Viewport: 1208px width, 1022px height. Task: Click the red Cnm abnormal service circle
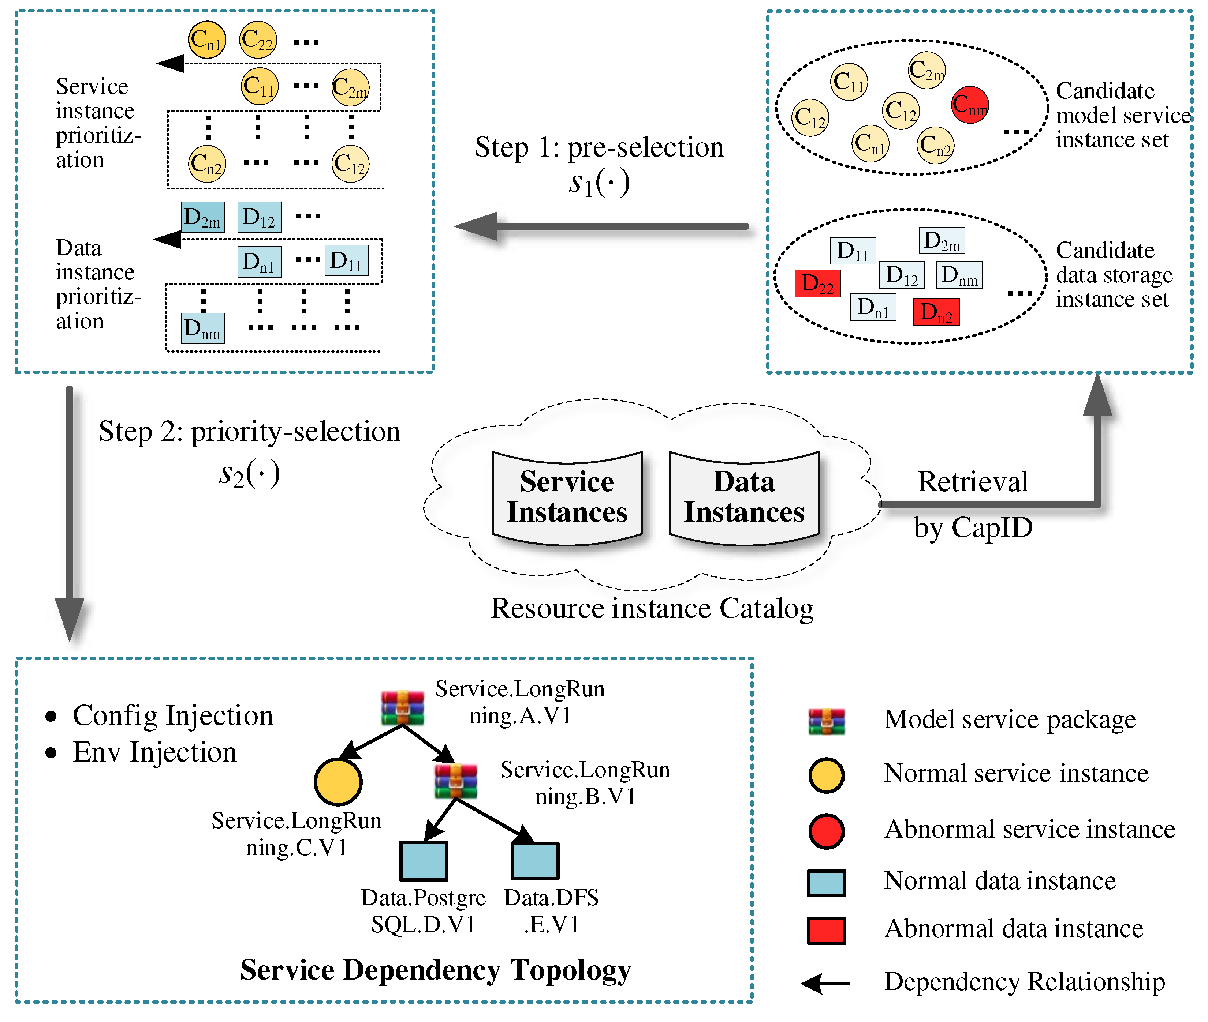[x=970, y=105]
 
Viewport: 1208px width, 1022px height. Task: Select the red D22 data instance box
[x=817, y=284]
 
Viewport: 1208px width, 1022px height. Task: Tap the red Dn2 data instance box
[x=936, y=312]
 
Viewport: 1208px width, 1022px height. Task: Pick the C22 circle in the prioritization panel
[x=258, y=40]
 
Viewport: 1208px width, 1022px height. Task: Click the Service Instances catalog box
[x=567, y=497]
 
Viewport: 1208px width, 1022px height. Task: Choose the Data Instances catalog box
[x=744, y=497]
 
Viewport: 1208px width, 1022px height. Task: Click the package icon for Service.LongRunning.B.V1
[x=456, y=781]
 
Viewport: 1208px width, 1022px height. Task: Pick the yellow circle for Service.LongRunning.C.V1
[x=338, y=782]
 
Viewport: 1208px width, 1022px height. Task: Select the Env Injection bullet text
[x=155, y=752]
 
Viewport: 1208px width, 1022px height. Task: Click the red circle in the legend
[x=826, y=831]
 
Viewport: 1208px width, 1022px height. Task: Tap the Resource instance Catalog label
[x=652, y=608]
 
